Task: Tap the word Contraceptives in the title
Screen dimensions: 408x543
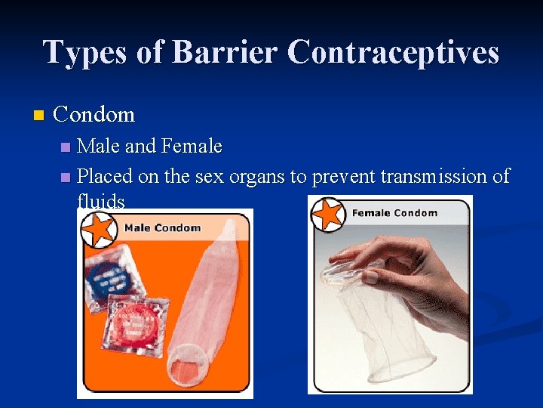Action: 393,53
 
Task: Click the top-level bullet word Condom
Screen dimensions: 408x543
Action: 94,115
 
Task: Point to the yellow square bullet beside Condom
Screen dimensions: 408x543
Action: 39,116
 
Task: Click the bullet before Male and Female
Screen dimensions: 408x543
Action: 66,146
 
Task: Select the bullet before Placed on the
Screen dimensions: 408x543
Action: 66,178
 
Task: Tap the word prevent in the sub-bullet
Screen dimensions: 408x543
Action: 343,177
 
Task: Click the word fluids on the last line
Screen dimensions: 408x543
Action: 100,202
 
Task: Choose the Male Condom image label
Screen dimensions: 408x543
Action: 162,227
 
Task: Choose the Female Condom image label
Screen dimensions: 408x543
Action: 394,213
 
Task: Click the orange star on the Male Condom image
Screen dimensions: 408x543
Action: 100,228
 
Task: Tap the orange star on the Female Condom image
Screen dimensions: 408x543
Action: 329,214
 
